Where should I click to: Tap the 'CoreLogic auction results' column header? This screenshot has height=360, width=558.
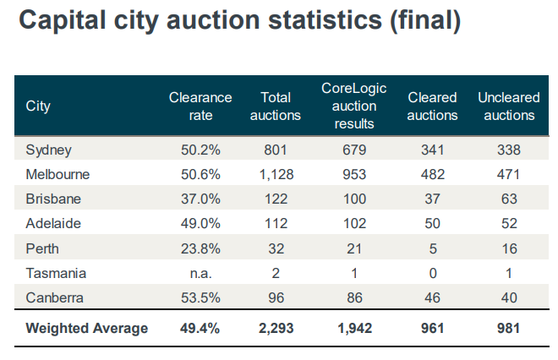tap(348, 106)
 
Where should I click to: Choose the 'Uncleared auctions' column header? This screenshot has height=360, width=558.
tap(508, 106)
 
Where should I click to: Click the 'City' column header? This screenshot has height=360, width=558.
tap(38, 106)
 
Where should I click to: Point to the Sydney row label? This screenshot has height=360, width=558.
tap(49, 150)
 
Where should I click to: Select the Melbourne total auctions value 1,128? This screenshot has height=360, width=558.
tap(276, 175)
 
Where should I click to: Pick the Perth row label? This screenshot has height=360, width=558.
tap(42, 249)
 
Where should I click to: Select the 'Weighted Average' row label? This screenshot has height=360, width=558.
tap(87, 328)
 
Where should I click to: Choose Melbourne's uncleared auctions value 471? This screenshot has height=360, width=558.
tap(508, 175)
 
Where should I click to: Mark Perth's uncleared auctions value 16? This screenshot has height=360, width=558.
tap(508, 249)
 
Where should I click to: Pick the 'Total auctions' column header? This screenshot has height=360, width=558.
tap(276, 106)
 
